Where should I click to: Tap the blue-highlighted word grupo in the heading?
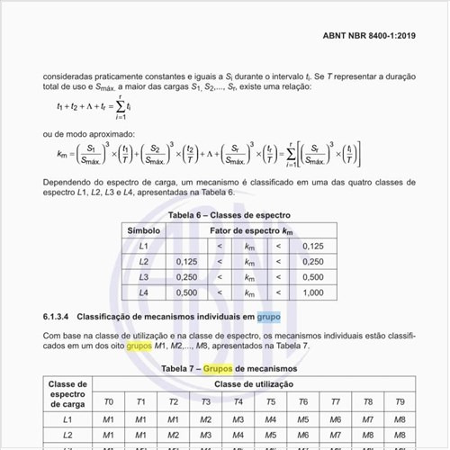coord(268,318)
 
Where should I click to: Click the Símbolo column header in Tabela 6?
coord(143,230)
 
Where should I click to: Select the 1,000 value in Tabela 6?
coord(312,292)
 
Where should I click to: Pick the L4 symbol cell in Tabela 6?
coord(143,292)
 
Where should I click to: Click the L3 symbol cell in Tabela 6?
coord(143,277)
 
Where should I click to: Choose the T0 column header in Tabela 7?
coord(108,402)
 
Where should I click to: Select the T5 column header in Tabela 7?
coord(270,402)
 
